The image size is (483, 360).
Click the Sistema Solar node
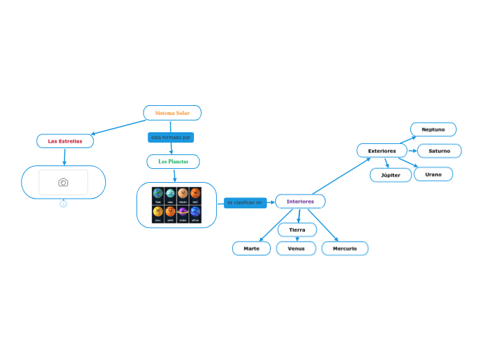pos(172,113)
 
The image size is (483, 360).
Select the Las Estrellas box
pos(65,141)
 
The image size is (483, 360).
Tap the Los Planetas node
pos(173,161)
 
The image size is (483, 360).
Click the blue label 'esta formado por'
pos(170,138)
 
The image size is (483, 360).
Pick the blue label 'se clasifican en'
pos(245,203)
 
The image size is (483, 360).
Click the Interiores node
pos(300,201)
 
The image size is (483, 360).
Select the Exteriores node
pos(382,150)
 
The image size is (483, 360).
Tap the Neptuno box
pos(433,129)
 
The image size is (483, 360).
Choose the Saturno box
pos(439,151)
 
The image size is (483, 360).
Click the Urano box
pos(433,174)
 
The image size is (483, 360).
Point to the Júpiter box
pos(391,175)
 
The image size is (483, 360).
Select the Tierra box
pos(297,230)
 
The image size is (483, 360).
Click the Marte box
pos(252,249)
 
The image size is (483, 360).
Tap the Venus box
pos(296,249)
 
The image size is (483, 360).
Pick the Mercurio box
pos(344,249)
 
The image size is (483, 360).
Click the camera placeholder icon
pos(63,182)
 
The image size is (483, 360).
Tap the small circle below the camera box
pos(63,204)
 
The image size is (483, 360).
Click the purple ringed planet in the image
pos(183,211)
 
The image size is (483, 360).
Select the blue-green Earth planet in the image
pos(158,193)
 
